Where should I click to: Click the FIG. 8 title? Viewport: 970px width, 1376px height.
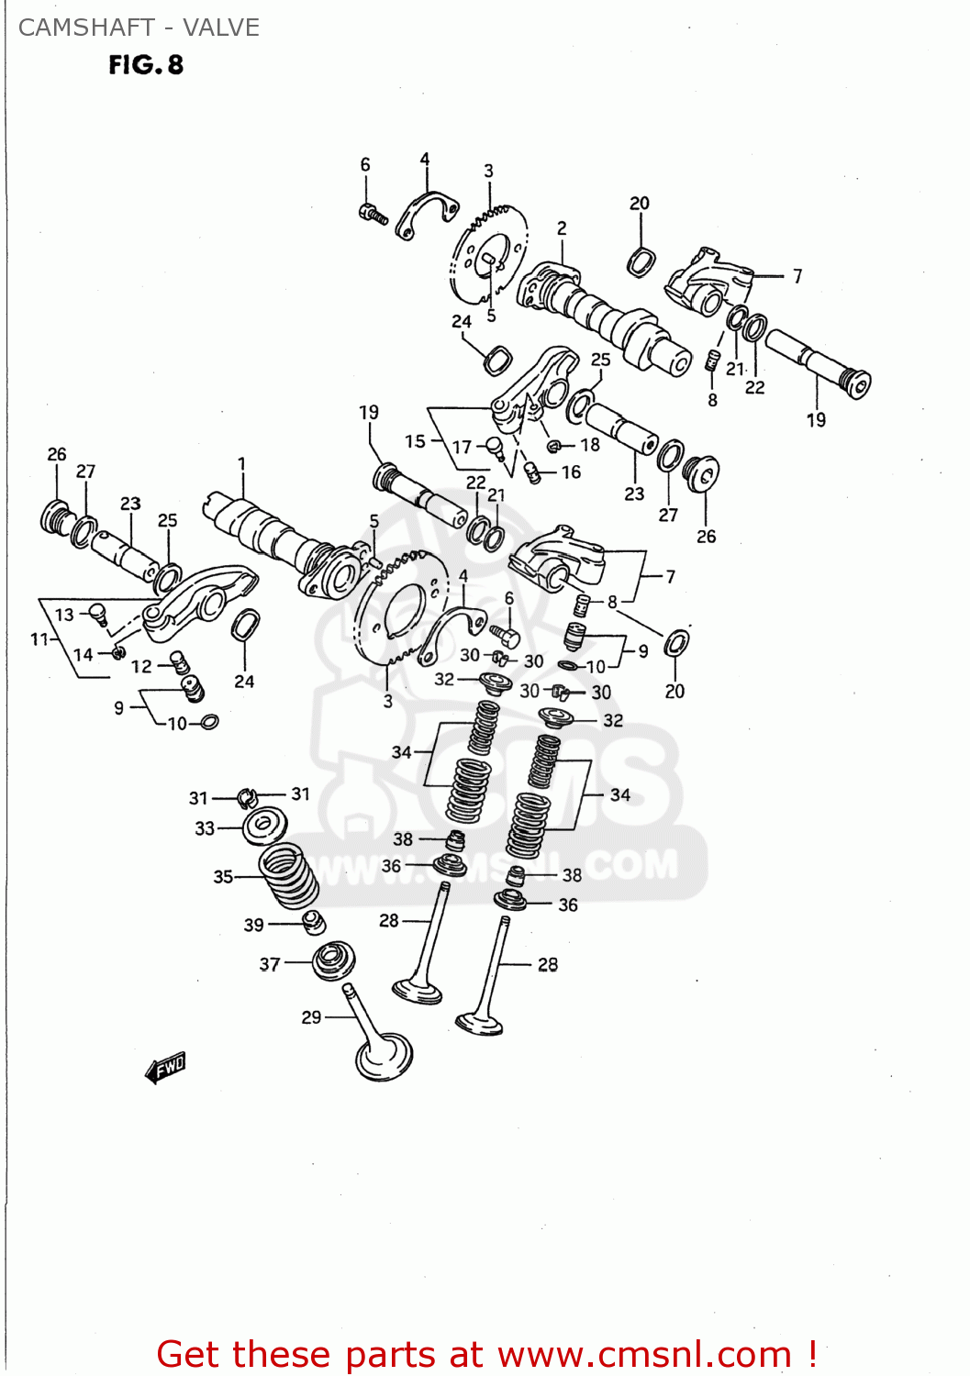pos(146,65)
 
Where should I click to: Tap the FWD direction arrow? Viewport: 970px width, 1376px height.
pos(166,1068)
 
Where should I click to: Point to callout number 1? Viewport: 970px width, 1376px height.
pos(241,464)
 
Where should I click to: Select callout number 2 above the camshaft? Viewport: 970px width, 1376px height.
pos(562,228)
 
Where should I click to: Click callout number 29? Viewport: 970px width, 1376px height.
pos(311,1016)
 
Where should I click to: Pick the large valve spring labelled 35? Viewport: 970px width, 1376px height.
pos(288,876)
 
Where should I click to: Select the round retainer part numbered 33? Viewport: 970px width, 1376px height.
pos(265,826)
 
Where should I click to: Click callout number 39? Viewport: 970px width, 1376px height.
pos(254,925)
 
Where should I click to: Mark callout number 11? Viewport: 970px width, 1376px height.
pos(39,638)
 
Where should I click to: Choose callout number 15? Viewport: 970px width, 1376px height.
pos(415,441)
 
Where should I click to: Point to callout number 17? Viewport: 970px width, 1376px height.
pos(462,447)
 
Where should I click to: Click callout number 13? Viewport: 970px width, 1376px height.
pos(64,615)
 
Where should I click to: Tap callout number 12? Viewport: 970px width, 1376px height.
pos(141,666)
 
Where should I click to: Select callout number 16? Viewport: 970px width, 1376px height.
pos(571,472)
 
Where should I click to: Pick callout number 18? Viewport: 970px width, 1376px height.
pos(589,445)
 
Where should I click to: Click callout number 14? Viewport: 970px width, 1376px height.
pos(84,654)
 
